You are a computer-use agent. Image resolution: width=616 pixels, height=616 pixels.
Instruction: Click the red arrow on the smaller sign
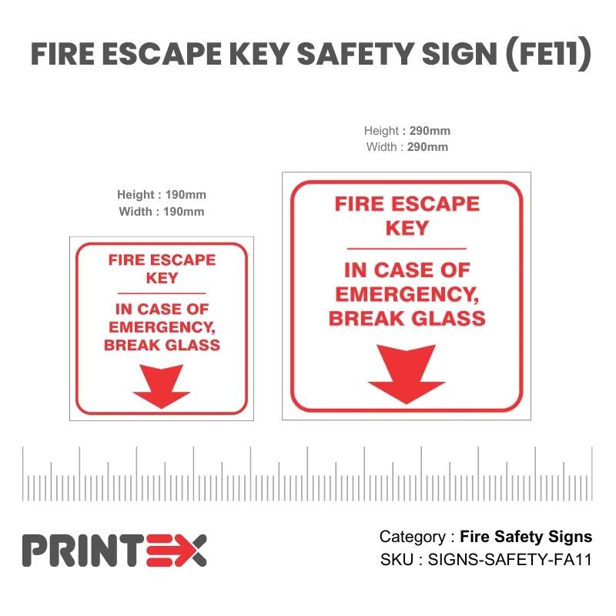162,385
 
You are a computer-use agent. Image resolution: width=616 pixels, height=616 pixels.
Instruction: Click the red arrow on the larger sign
407,373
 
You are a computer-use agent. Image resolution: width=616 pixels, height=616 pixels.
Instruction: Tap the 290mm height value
430,131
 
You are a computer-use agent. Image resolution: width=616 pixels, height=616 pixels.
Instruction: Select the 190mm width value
184,212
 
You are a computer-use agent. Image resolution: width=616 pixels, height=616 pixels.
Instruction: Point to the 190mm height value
186,195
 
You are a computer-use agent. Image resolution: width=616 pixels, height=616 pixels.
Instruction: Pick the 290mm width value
427,147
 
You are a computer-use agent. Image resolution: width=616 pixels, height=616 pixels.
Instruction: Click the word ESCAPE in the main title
162,53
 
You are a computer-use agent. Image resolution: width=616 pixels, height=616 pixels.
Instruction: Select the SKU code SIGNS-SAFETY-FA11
510,560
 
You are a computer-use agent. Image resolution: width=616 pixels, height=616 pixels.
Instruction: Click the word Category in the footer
413,537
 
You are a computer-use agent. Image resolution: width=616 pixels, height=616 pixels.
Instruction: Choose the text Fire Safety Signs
526,537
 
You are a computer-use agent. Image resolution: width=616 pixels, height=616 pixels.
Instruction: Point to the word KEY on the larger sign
407,228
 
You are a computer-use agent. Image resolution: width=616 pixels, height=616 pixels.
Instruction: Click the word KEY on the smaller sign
162,278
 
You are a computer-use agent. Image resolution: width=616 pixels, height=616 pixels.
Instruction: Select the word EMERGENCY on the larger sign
407,294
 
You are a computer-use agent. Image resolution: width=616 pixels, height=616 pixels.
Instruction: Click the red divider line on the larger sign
407,249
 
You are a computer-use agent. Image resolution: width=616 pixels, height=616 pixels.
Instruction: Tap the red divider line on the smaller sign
162,293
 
